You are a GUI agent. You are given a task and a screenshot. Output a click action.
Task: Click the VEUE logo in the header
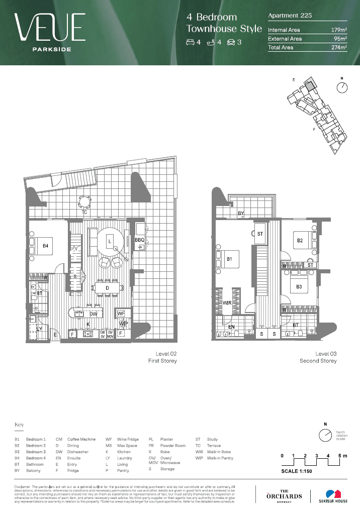[49, 28]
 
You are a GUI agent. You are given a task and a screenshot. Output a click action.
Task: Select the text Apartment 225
[290, 16]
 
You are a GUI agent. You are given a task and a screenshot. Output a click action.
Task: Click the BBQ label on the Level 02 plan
[139, 241]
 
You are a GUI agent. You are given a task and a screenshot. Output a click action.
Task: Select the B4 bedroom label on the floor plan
[45, 246]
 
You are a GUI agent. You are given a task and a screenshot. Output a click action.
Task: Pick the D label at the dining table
[107, 287]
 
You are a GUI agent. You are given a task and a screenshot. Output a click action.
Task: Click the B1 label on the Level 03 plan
[229, 259]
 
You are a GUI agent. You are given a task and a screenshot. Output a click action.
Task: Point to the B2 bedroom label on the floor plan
[300, 241]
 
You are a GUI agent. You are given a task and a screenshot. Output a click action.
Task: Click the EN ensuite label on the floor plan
[231, 327]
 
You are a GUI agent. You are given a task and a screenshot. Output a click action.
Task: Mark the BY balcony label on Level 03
[241, 214]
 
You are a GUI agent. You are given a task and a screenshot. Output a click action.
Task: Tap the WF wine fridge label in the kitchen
[121, 313]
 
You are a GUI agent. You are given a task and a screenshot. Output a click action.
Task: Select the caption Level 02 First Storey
[162, 357]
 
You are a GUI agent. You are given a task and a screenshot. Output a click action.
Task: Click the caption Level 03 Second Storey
[318, 357]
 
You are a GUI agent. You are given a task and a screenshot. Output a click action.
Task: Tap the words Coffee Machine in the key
[81, 439]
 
